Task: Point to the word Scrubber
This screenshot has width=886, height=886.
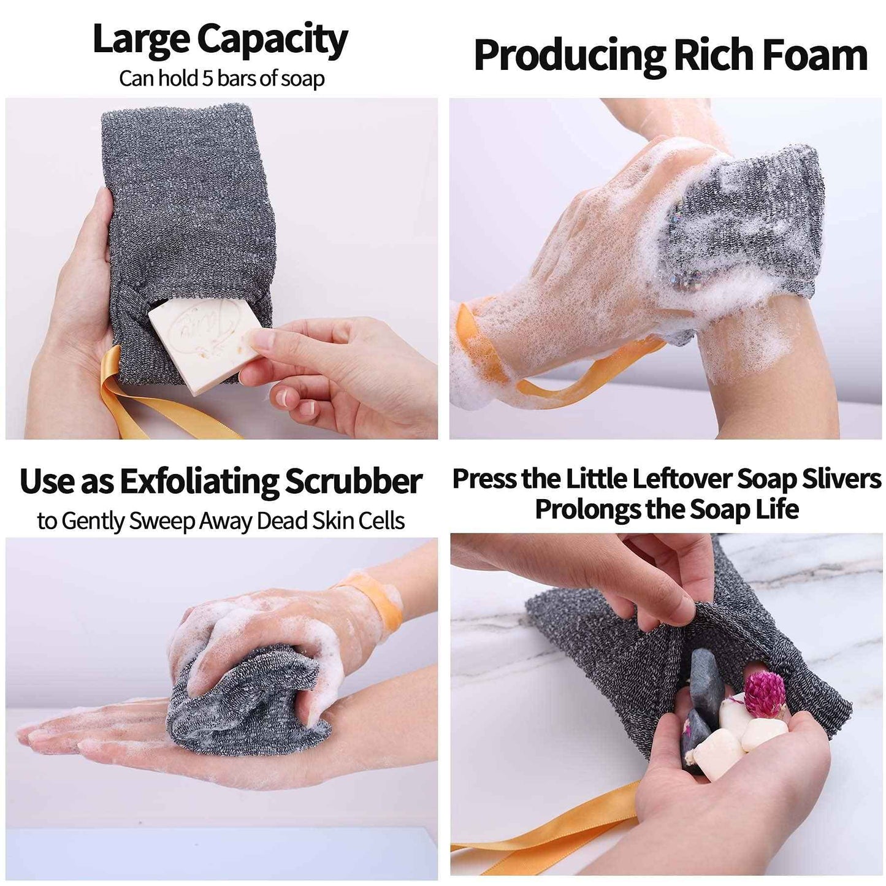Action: click(x=353, y=482)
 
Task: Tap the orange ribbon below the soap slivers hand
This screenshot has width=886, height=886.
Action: click(x=552, y=828)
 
